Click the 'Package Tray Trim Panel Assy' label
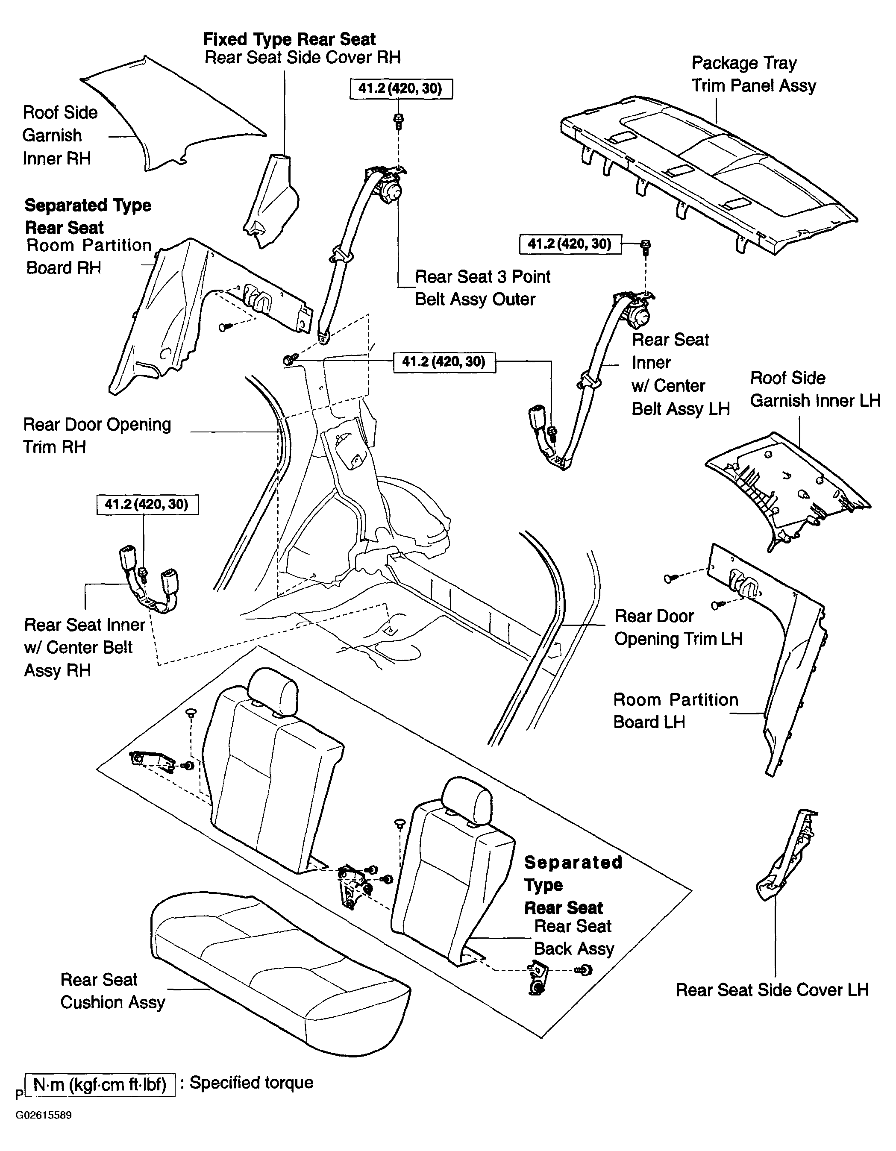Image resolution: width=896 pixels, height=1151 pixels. (754, 74)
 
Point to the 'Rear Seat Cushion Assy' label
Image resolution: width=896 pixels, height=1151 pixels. (113, 991)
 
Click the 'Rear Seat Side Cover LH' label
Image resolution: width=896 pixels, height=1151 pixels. (772, 990)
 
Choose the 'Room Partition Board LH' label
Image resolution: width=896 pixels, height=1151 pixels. (676, 711)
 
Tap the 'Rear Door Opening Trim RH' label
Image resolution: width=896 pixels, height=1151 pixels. (97, 436)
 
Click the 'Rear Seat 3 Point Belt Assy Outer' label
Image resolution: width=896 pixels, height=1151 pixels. (483, 288)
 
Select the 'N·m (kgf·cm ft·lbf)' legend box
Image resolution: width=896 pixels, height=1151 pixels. (100, 1085)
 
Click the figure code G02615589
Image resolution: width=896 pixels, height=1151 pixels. (43, 1115)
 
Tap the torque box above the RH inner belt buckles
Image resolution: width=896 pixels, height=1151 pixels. (147, 504)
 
